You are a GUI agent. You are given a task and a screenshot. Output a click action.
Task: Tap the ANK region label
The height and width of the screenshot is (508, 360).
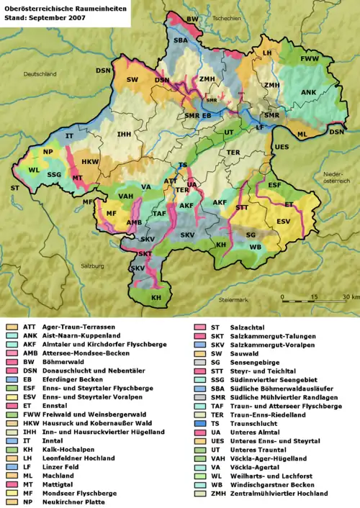coord(308,92)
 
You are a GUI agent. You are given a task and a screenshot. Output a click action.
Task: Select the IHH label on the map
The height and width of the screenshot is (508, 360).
coord(124,134)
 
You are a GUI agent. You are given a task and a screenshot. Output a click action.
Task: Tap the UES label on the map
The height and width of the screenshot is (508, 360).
coord(282,147)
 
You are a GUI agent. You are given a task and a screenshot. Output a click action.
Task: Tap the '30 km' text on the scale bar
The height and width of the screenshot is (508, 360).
coord(350,296)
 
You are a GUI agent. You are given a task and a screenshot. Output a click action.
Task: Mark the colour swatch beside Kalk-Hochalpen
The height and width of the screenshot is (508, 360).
coord(12,430)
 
